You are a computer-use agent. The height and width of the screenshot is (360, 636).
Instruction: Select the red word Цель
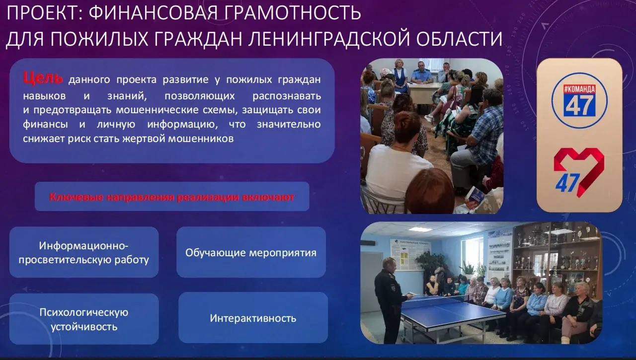(x=43, y=78)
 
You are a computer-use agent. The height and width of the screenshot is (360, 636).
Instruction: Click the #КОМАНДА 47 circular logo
(x=579, y=100)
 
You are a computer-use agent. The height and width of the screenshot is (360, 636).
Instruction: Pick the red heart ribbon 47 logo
(x=579, y=172)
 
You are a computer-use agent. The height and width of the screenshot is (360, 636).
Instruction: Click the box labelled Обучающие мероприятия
(x=251, y=252)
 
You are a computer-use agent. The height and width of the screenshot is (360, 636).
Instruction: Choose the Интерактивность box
(x=253, y=318)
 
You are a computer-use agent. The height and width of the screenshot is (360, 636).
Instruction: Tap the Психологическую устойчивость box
(x=84, y=319)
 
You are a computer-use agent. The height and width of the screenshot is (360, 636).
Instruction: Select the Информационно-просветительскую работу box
(x=84, y=252)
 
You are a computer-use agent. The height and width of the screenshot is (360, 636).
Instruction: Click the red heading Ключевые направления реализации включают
(x=172, y=197)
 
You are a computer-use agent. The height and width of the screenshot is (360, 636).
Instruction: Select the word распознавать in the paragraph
(x=287, y=96)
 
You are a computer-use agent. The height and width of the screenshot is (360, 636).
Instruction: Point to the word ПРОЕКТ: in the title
(x=45, y=13)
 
